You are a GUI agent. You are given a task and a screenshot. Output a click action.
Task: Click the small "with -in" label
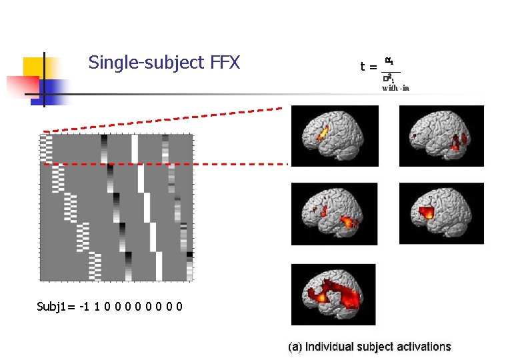tap(395, 87)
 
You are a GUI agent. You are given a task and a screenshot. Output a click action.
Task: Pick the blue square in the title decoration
tap(59, 88)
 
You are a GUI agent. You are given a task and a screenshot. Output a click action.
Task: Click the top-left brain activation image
tap(335, 136)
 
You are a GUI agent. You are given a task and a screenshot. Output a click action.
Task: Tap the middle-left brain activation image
tap(335, 213)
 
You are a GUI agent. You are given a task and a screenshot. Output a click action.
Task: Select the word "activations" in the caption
tap(423, 347)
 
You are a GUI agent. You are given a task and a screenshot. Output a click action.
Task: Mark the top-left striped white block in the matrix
tap(45, 149)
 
